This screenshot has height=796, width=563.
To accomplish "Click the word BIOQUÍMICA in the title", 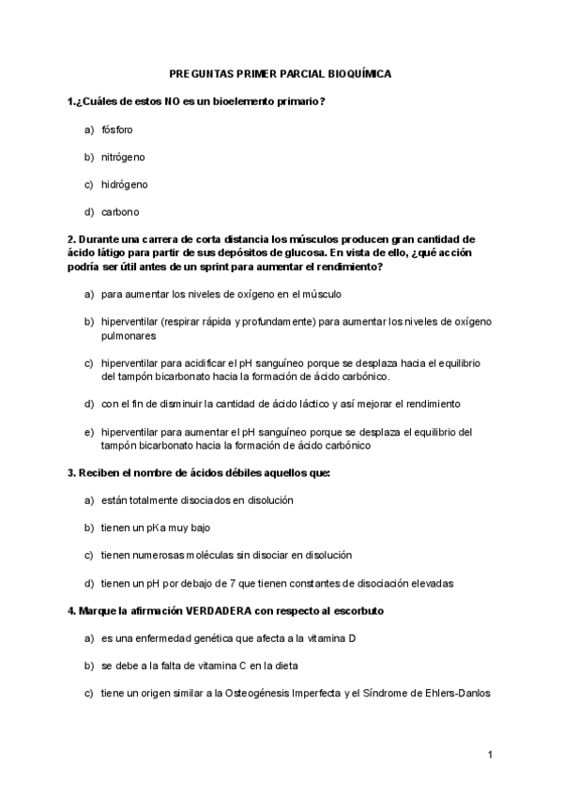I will point(358,72).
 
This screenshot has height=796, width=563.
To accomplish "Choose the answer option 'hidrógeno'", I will point(124,184).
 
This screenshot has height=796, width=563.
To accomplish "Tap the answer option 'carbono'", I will point(120,211).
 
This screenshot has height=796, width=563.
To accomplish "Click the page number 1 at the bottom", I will point(490,755).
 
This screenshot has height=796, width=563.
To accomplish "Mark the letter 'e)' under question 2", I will point(89,432).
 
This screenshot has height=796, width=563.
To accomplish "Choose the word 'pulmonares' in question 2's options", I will point(129,335).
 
